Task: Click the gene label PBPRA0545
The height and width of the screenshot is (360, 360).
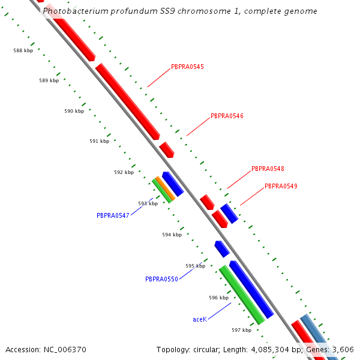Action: click(x=187, y=67)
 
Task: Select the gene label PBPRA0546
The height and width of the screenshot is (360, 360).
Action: click(x=227, y=116)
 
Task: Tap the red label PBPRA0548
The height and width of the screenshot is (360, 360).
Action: click(x=268, y=169)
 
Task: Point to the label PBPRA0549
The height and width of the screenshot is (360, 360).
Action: click(x=281, y=186)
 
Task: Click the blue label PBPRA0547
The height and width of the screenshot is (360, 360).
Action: click(x=113, y=215)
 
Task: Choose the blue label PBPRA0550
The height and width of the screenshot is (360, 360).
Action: click(x=161, y=279)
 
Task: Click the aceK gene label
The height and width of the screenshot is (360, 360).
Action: click(x=200, y=320)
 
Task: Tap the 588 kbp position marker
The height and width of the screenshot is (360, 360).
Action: click(x=23, y=50)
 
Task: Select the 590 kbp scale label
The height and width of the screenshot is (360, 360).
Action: click(x=74, y=111)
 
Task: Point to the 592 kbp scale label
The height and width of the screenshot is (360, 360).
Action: click(x=124, y=172)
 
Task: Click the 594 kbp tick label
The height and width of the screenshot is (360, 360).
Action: click(x=172, y=235)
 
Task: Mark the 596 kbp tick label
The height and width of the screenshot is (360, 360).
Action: click(x=219, y=298)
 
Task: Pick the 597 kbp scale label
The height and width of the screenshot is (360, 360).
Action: click(x=242, y=330)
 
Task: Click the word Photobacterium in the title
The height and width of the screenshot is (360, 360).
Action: click(x=76, y=11)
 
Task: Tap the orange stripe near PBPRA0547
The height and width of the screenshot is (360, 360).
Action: click(x=166, y=188)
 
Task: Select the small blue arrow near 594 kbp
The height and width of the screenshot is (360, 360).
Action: click(x=222, y=248)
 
